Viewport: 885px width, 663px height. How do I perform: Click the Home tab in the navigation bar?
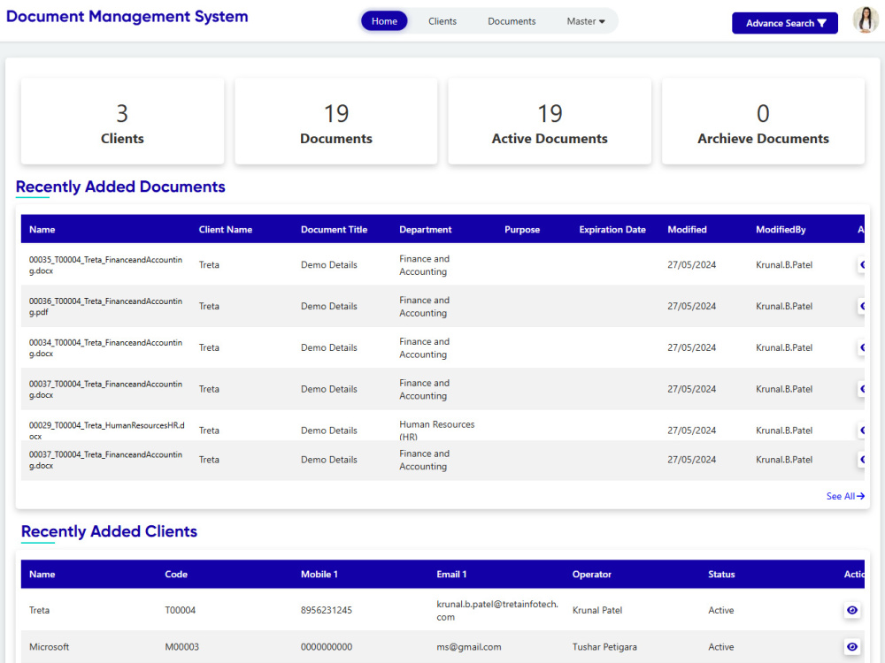pyautogui.click(x=384, y=21)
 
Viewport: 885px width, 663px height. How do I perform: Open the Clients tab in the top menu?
pyautogui.click(x=442, y=21)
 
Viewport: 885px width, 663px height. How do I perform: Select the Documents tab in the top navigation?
pyautogui.click(x=512, y=21)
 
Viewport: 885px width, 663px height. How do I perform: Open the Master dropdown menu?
pyautogui.click(x=586, y=21)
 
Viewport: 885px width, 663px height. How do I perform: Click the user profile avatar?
pyautogui.click(x=865, y=20)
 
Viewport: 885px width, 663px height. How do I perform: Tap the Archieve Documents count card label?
pyautogui.click(x=763, y=139)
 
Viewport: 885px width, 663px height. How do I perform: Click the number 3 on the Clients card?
pyautogui.click(x=122, y=113)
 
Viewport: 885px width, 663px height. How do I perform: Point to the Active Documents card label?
pyautogui.click(x=550, y=139)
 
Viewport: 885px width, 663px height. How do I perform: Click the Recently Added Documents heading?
pyautogui.click(x=120, y=187)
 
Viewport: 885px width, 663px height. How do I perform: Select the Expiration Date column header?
pyautogui.click(x=612, y=230)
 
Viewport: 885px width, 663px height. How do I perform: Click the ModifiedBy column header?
pyautogui.click(x=781, y=230)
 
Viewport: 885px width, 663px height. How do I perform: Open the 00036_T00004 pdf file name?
pyautogui.click(x=106, y=306)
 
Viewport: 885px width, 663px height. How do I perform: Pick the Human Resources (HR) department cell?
pyautogui.click(x=436, y=430)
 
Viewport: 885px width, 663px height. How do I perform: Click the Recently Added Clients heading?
pyautogui.click(x=109, y=531)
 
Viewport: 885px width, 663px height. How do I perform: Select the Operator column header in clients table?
pyautogui.click(x=592, y=575)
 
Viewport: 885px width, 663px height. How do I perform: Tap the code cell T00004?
pyautogui.click(x=181, y=611)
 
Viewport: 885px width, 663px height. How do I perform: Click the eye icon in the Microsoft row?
pyautogui.click(x=852, y=647)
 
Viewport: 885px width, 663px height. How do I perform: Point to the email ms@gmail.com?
pyautogui.click(x=469, y=647)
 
